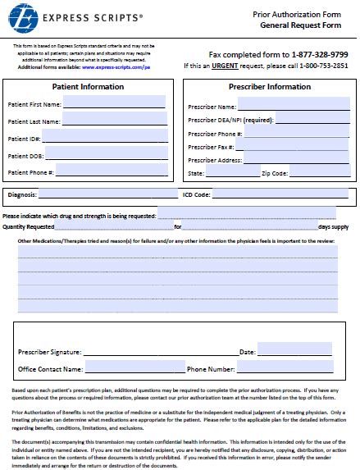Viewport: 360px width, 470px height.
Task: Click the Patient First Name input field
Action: (x=114, y=103)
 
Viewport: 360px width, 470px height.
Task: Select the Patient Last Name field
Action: (x=114, y=120)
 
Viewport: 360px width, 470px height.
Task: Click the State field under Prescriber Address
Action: (x=232, y=173)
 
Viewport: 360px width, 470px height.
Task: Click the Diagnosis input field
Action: (x=107, y=194)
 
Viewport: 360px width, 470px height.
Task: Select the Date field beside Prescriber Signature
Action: (x=294, y=350)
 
